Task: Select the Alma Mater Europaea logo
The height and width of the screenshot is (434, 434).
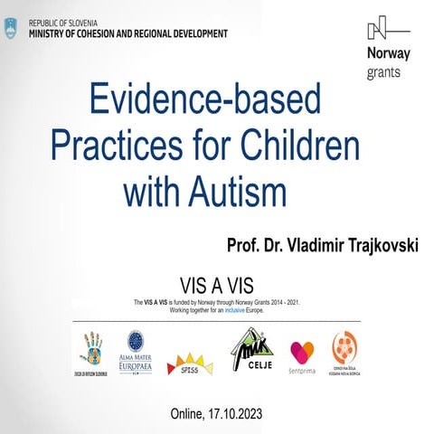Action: [x=135, y=349]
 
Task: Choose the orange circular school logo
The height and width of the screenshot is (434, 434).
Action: [x=344, y=349]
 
